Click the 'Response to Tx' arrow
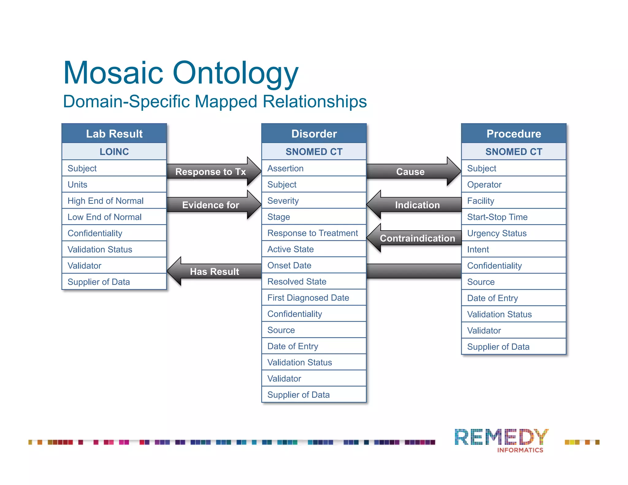tap(211, 172)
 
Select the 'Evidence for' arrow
tap(211, 205)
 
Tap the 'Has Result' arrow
tap(214, 271)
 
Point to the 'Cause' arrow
tap(411, 172)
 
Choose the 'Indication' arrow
tap(417, 205)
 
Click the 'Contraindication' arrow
tap(417, 238)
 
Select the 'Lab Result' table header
tap(114, 134)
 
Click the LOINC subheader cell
tap(114, 151)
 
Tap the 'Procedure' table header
tap(514, 134)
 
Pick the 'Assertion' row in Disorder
tap(314, 168)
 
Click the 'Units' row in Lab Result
tap(114, 185)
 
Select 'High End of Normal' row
tap(114, 201)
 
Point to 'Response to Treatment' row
tap(314, 233)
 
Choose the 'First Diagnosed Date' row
tap(314, 298)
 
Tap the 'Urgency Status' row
tap(514, 233)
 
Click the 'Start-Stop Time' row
tap(514, 217)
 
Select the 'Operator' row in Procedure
tap(514, 185)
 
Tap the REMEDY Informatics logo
tap(502, 440)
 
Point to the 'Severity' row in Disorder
tap(314, 201)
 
